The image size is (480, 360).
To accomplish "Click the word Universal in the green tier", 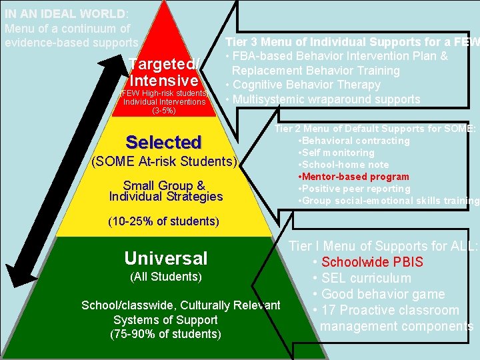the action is point(166,258).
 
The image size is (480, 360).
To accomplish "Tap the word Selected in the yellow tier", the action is point(163,142).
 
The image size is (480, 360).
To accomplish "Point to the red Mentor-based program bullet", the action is point(355,177).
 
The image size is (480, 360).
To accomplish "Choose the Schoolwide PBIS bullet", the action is point(371,262).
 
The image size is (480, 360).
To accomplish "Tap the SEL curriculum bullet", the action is point(366,278).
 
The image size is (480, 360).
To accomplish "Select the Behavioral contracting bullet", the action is point(355,141).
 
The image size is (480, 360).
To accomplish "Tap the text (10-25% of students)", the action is point(164,221).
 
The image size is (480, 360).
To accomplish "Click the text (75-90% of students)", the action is point(165,333).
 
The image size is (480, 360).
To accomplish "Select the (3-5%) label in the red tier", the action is point(164,111).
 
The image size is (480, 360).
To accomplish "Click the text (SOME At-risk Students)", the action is point(163,161).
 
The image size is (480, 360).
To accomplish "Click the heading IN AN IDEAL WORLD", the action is point(65,14).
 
